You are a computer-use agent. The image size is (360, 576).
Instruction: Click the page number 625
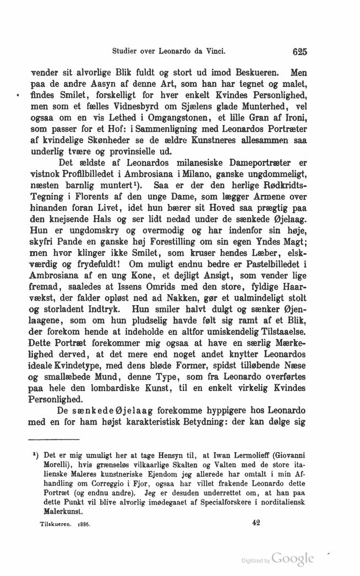point(299,52)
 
